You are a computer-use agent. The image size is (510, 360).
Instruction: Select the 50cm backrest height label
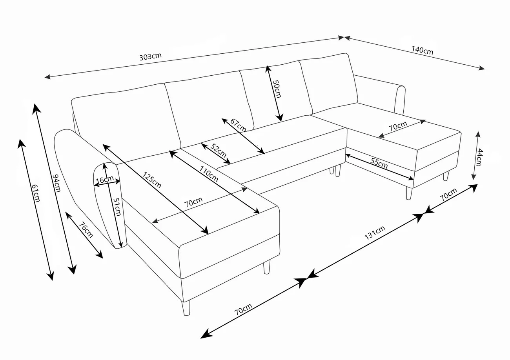pyautogui.click(x=277, y=89)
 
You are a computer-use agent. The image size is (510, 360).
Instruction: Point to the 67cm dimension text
pyautogui.click(x=238, y=125)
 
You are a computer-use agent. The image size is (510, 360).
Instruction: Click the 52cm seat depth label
pyautogui.click(x=218, y=151)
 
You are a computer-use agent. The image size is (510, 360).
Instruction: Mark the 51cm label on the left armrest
pyautogui.click(x=117, y=206)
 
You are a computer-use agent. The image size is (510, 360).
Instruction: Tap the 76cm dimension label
pyautogui.click(x=86, y=230)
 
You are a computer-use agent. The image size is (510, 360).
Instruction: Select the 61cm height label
pyautogui.click(x=36, y=194)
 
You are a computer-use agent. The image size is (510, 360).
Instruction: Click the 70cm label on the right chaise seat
pyautogui.click(x=397, y=127)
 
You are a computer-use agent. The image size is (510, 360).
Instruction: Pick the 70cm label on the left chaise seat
pyautogui.click(x=193, y=202)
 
